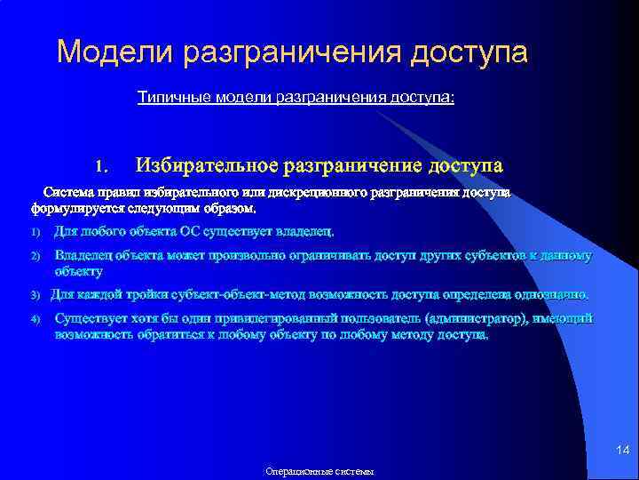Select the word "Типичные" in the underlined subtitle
[x=172, y=96]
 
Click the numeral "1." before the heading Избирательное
[x=101, y=166]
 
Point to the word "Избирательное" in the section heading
[x=206, y=165]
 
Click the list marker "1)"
[x=36, y=234]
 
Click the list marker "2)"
[x=36, y=257]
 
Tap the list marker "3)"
[x=36, y=295]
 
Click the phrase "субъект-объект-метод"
[x=205, y=295]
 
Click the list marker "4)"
[x=36, y=319]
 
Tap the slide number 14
[x=622, y=452]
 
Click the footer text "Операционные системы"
[x=320, y=472]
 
